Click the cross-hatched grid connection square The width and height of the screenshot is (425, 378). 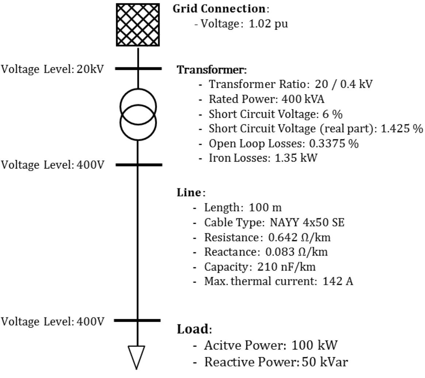click(x=138, y=24)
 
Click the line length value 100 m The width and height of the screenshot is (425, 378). click(x=265, y=208)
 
